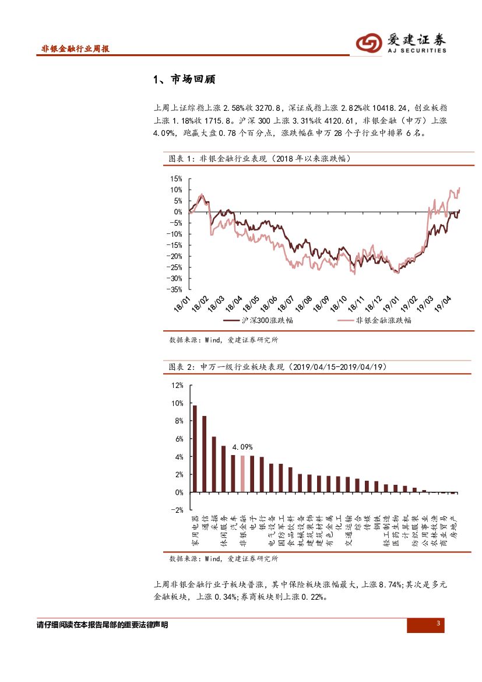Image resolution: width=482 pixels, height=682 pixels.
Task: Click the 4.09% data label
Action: (x=242, y=447)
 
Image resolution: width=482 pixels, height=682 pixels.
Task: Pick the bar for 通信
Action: (x=204, y=454)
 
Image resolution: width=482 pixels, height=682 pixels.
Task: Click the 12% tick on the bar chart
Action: (x=177, y=386)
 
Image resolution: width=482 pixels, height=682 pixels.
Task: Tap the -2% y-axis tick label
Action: (x=177, y=509)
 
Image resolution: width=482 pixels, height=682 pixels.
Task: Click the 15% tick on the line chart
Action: (x=176, y=179)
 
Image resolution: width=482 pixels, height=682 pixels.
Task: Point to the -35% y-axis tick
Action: (x=174, y=289)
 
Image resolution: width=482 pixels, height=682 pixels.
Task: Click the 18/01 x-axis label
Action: (x=182, y=303)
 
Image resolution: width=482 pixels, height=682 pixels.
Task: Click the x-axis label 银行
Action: (x=262, y=524)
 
